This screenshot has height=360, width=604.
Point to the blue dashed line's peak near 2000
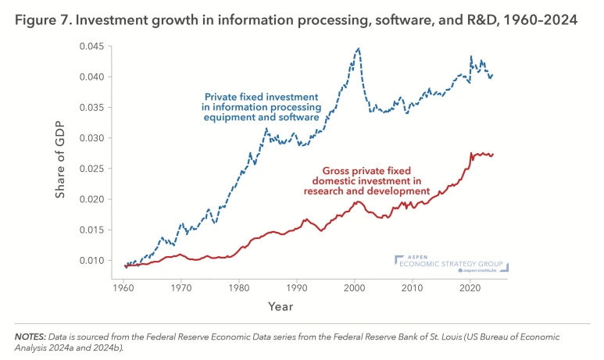pyautogui.click(x=359, y=48)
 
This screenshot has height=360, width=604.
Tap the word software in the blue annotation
pyautogui.click(x=298, y=118)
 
